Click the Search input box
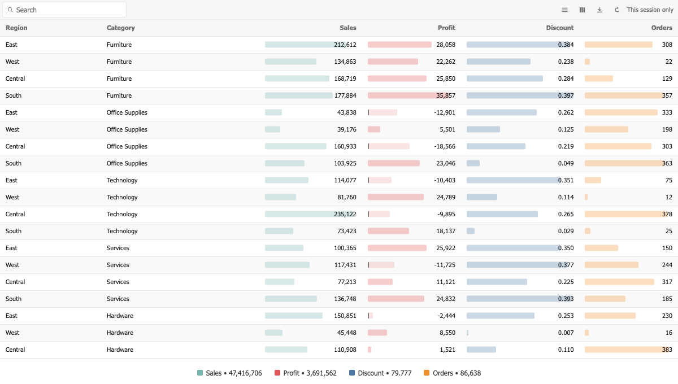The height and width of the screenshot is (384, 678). pos(64,10)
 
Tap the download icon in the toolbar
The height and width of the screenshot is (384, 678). pos(599,10)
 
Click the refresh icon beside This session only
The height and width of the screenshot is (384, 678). pos(617,10)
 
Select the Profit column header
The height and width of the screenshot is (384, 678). pos(446,28)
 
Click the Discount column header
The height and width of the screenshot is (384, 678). pos(560,28)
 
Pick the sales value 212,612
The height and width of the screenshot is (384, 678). pos(345,45)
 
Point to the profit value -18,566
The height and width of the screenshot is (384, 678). pos(444,146)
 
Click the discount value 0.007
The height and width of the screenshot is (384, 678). pos(566,333)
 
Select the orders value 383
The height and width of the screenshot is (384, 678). pos(667,350)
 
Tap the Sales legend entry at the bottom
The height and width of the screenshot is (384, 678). pos(229,373)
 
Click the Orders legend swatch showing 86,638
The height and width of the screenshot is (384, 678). pos(427,373)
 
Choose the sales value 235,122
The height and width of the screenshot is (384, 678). pos(345,214)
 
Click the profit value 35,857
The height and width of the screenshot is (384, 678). pos(446,95)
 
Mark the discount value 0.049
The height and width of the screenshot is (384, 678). pos(566,163)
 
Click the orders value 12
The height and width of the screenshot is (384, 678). pos(669,197)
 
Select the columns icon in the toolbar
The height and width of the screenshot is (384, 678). pos(582,10)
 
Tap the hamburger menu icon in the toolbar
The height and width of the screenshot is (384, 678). pos(564,10)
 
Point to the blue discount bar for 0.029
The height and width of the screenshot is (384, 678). pos(471,231)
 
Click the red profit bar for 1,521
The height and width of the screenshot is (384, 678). pos(370,350)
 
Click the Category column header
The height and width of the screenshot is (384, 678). pos(120,28)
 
